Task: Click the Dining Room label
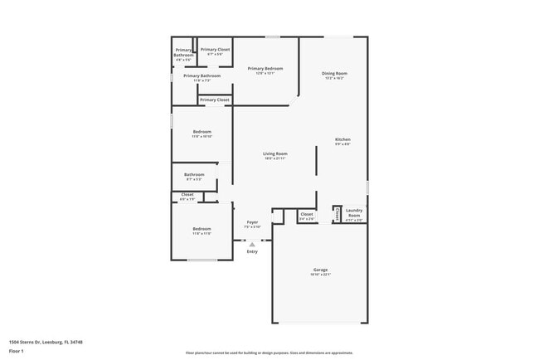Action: (x=334, y=75)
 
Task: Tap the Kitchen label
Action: (x=342, y=141)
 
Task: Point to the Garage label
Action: (x=320, y=271)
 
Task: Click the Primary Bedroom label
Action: (x=265, y=70)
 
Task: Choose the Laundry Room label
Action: (x=354, y=213)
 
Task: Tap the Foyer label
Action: (x=252, y=223)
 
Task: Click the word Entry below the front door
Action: (x=252, y=251)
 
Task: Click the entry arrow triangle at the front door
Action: (x=252, y=244)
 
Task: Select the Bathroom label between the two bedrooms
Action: (x=194, y=176)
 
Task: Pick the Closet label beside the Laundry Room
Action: (x=306, y=216)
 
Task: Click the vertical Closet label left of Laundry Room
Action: (x=337, y=214)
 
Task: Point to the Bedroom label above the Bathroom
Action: (x=202, y=134)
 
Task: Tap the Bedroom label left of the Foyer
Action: (x=202, y=231)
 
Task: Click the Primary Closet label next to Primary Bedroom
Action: (x=215, y=51)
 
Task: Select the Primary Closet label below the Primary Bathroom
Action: (x=215, y=100)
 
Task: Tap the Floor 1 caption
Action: (x=17, y=352)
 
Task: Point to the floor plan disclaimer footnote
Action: (x=269, y=352)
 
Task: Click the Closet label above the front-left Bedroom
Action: (x=187, y=197)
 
